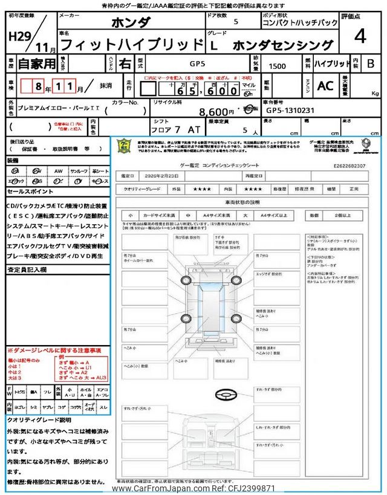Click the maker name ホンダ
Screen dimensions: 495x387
tap(129, 23)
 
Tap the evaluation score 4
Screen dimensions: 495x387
tap(360, 37)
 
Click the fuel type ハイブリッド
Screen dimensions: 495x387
tap(333, 63)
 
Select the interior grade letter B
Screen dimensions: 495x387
tap(371, 63)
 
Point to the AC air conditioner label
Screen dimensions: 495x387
tap(325, 86)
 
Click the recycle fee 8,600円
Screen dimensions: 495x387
tap(216, 111)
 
